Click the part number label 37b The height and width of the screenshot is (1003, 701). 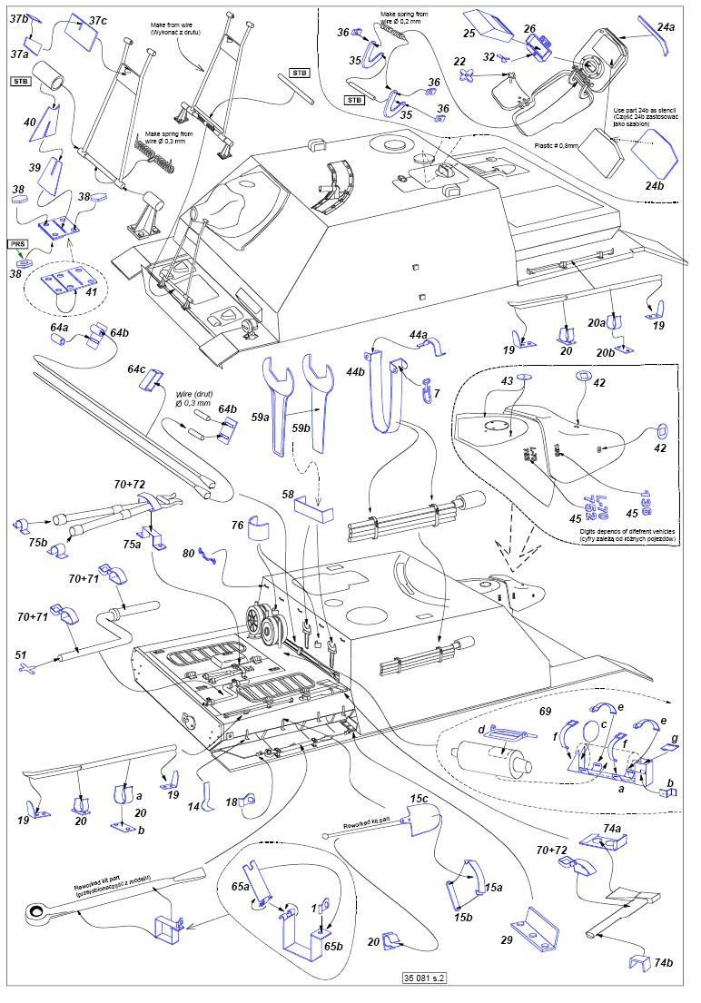[19, 18]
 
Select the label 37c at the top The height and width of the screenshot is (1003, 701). [97, 20]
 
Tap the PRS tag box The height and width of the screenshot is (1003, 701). [19, 244]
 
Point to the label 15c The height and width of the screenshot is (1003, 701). [419, 799]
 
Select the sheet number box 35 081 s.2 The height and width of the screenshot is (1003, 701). [427, 978]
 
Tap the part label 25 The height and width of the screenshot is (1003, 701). [469, 34]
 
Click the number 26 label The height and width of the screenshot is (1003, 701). [529, 29]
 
